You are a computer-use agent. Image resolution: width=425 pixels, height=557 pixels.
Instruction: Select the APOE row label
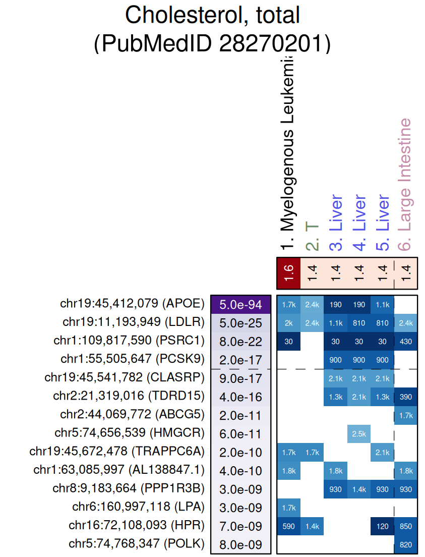[x=132, y=304]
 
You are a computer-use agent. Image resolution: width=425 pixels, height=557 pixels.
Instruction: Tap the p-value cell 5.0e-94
[x=241, y=305]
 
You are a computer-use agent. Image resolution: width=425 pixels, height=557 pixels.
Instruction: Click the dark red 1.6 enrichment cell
[x=288, y=272]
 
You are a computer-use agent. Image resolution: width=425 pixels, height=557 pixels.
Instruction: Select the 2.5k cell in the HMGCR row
[x=359, y=434]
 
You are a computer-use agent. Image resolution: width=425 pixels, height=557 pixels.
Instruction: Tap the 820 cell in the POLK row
[x=406, y=545]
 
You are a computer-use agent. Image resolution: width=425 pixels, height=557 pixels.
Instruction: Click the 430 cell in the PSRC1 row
[x=406, y=342]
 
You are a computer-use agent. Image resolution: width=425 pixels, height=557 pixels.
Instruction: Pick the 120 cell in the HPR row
[x=382, y=526]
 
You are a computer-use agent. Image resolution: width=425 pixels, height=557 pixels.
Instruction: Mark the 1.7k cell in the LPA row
[x=288, y=508]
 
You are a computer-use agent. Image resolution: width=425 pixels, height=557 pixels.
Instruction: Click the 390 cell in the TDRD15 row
[x=406, y=397]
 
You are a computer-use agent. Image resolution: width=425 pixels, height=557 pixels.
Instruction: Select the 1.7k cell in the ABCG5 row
[x=406, y=415]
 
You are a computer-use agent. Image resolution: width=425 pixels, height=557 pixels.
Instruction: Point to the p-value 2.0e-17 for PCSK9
[x=241, y=360]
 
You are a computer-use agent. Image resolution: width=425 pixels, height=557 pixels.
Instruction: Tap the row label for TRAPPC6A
[x=117, y=452]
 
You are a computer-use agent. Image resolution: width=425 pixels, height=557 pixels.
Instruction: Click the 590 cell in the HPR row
[x=288, y=526]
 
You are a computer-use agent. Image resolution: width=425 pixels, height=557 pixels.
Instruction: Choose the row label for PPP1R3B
[x=129, y=489]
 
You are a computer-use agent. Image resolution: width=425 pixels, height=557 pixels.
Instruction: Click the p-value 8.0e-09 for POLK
[x=241, y=544]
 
